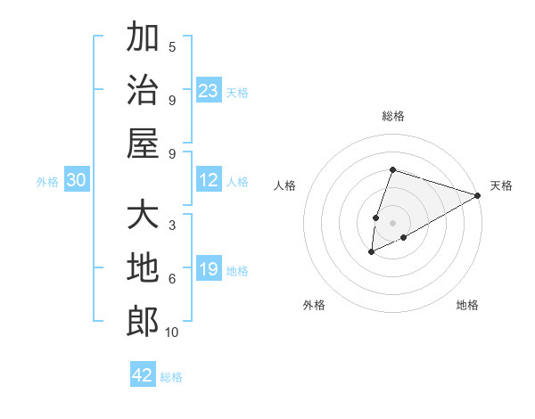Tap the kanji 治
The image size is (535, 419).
coord(143,91)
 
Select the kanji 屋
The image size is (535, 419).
coord(143,144)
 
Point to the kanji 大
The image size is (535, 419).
coord(143,217)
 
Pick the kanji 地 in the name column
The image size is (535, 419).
coord(143,269)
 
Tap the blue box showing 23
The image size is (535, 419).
coord(208,90)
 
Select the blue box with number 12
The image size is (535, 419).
coord(208,180)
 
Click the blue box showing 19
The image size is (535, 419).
coord(208,269)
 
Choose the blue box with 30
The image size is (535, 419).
coord(77,180)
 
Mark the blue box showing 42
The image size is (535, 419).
coord(143,375)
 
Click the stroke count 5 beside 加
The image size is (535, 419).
coord(172,47)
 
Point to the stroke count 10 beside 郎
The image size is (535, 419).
coord(172,333)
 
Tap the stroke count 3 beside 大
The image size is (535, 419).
coord(172,226)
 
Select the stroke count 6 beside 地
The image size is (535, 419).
coord(172,279)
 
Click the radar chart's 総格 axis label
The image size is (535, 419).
coord(392,116)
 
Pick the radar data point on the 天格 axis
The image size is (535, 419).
coord(477,196)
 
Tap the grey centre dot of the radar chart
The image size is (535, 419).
coord(392,223)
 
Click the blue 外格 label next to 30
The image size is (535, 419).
coord(47,181)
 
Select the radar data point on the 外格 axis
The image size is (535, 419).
coord(372,252)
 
